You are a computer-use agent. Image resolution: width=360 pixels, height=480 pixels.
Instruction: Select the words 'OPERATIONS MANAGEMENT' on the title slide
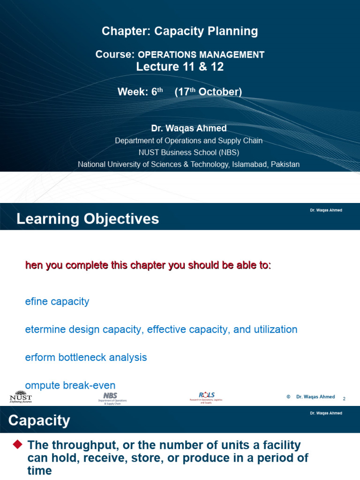pyautogui.click(x=201, y=55)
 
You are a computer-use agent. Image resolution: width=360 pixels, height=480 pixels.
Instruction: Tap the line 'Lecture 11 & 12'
pyautogui.click(x=180, y=67)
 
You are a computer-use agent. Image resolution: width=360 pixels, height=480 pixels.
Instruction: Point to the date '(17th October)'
pyautogui.click(x=208, y=92)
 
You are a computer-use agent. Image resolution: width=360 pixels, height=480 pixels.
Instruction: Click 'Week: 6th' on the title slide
pyautogui.click(x=140, y=92)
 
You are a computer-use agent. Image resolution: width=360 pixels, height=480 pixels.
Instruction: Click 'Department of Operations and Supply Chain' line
pyautogui.click(x=188, y=141)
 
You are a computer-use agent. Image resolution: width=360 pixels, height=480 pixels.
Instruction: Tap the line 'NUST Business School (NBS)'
pyautogui.click(x=188, y=152)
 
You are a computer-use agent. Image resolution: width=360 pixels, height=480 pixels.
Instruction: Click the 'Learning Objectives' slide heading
pyautogui.click(x=88, y=219)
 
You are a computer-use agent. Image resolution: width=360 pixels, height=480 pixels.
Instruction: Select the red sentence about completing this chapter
pyautogui.click(x=148, y=265)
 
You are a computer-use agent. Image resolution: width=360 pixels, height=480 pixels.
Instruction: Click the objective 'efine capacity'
pyautogui.click(x=57, y=301)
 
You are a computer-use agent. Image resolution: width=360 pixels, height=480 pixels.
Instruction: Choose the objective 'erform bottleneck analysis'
pyautogui.click(x=86, y=357)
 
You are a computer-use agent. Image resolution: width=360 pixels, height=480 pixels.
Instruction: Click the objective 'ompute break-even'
pyautogui.click(x=70, y=385)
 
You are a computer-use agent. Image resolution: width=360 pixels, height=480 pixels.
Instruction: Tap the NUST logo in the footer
pyautogui.click(x=21, y=397)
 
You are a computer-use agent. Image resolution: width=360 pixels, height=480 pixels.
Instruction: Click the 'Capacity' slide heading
pyautogui.click(x=39, y=420)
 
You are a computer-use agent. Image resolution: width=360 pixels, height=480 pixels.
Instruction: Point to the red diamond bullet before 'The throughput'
pyautogui.click(x=18, y=443)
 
